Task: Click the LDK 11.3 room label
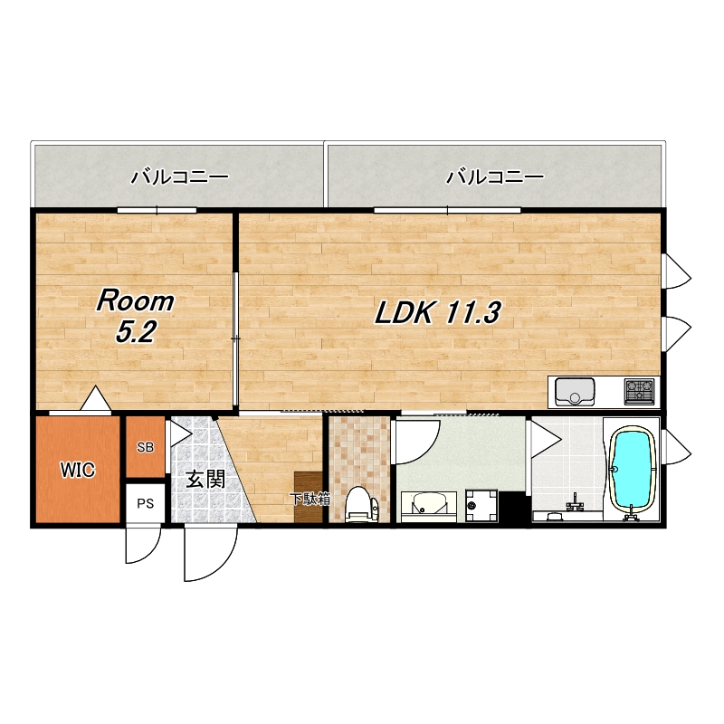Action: pos(437,312)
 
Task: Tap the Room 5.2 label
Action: pos(135,316)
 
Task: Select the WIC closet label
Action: pos(78,470)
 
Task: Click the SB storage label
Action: pos(146,447)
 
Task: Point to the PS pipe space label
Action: pos(146,503)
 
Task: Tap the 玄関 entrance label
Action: pos(205,480)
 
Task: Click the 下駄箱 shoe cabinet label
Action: pos(310,499)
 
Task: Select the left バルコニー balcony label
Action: pos(180,176)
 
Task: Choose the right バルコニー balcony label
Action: pos(494,176)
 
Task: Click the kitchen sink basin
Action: pos(575,392)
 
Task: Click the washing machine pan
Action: pos(481,506)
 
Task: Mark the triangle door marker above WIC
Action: pos(96,398)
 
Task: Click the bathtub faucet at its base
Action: pos(632,513)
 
